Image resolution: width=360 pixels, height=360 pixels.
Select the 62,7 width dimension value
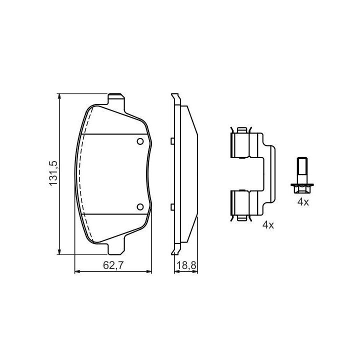pos(113,265)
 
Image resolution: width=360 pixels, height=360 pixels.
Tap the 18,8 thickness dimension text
pos(186,265)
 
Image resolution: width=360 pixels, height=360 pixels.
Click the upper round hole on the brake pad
pos(140,141)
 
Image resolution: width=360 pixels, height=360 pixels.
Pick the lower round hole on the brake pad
pos(140,207)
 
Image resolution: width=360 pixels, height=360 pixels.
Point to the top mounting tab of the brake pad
pos(116,98)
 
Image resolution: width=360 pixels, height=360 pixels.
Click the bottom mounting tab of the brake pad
pos(116,249)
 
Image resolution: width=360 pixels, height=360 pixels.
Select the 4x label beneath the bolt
pos(303,202)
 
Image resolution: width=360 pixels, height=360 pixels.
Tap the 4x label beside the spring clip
pos(268,225)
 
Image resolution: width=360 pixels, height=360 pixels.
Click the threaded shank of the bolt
pos(302,170)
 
